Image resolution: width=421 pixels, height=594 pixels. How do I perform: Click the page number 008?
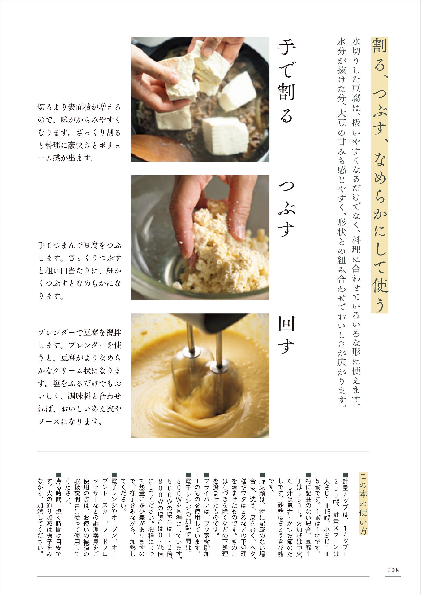tap(393, 570)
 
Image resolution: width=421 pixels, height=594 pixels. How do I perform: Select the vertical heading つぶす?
tap(286, 208)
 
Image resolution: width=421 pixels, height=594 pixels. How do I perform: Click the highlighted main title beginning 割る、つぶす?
tap(380, 175)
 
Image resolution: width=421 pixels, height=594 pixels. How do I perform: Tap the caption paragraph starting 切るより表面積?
tap(79, 132)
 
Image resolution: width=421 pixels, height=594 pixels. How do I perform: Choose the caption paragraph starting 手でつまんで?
tap(79, 271)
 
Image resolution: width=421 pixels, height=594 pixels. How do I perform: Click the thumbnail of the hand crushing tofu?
tap(200, 237)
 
